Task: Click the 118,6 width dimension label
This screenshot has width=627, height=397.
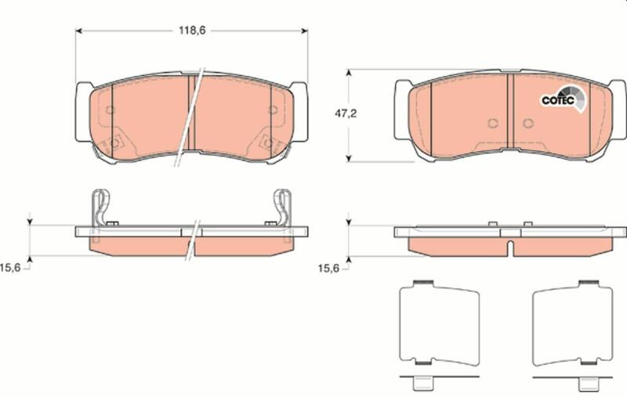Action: pyautogui.click(x=192, y=31)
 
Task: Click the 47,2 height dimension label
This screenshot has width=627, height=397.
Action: pyautogui.click(x=346, y=114)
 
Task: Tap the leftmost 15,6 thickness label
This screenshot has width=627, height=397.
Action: pyautogui.click(x=10, y=268)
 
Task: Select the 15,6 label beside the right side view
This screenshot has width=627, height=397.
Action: pyautogui.click(x=328, y=269)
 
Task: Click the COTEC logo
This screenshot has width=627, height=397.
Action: pyautogui.click(x=564, y=99)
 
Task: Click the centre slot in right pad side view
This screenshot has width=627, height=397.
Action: pyautogui.click(x=510, y=248)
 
